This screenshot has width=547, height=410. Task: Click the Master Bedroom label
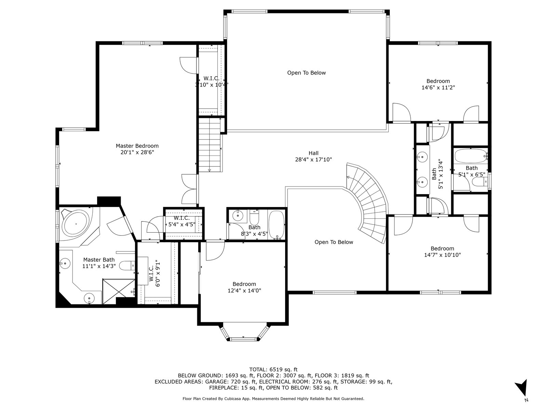[137, 146]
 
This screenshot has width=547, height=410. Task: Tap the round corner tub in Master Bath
[76, 223]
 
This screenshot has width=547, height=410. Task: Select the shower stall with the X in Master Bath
[118, 291]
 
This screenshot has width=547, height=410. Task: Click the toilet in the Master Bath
[127, 265]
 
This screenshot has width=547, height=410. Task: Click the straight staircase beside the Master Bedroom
[210, 145]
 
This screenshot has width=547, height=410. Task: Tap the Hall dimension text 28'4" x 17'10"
[313, 160]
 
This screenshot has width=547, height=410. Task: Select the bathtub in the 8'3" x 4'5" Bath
[276, 225]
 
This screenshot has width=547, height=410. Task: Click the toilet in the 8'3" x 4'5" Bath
[254, 217]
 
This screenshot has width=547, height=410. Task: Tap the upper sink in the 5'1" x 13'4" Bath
[422, 157]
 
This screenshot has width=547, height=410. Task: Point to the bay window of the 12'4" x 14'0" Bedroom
[243, 332]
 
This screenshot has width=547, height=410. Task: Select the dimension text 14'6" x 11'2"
[438, 87]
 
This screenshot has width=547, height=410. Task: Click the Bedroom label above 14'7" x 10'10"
[442, 248]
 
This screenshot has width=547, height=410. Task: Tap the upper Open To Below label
[306, 73]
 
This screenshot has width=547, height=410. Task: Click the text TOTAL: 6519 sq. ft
[273, 370]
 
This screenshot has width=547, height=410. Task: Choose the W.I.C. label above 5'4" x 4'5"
[182, 218]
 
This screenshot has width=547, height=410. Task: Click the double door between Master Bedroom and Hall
[189, 189]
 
